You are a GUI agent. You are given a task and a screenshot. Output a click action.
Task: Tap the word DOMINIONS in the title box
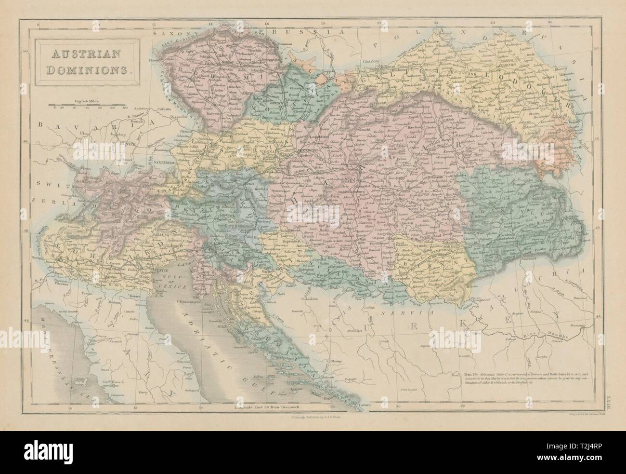pyautogui.click(x=85, y=68)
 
